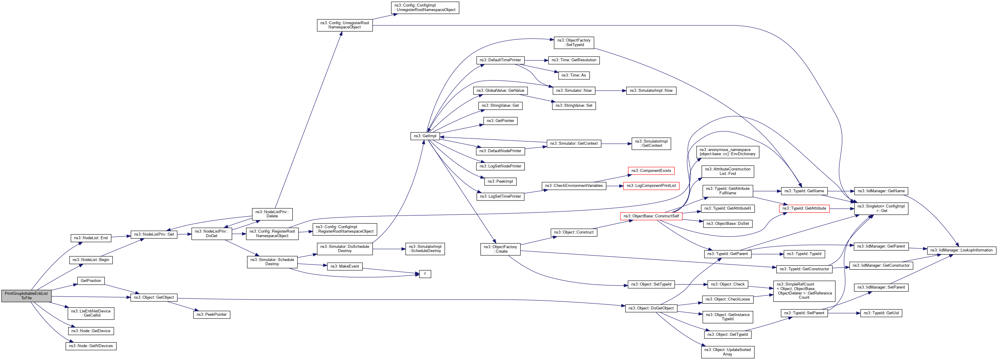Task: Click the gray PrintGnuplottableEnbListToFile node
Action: pyautogui.click(x=26, y=296)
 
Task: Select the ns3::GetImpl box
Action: pyautogui.click(x=425, y=136)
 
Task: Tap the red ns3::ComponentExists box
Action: pyautogui.click(x=651, y=170)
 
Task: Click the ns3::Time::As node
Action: pyautogui.click(x=573, y=75)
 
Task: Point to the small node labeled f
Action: pyautogui.click(x=425, y=274)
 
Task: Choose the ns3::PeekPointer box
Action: pyautogui.click(x=212, y=314)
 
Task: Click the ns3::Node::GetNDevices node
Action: pyautogui.click(x=91, y=346)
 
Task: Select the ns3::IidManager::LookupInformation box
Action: pyautogui.click(x=961, y=250)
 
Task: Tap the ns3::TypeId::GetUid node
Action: pyautogui.click(x=881, y=313)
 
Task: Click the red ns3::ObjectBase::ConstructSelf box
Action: pyautogui.click(x=651, y=216)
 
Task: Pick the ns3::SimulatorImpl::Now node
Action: pyautogui.click(x=651, y=91)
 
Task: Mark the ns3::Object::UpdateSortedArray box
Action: pyautogui.click(x=727, y=352)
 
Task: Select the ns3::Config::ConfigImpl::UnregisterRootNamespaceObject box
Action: pyautogui.click(x=425, y=8)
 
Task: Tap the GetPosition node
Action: pyautogui.click(x=91, y=280)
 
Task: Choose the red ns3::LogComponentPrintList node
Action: pyautogui.click(x=651, y=186)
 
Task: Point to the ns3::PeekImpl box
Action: pyautogui.click(x=500, y=181)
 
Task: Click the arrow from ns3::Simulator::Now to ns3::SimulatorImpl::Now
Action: pyautogui.click(x=611, y=91)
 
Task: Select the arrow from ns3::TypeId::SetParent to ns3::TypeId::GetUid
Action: pyautogui.click(x=844, y=313)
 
